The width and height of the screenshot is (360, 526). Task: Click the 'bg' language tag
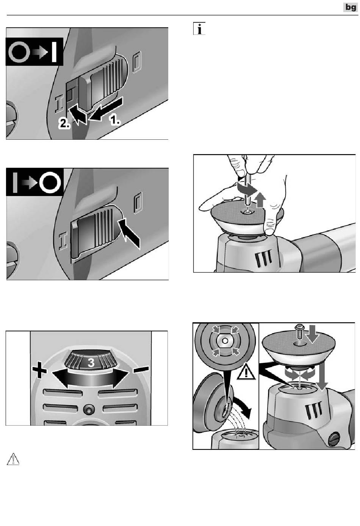351,8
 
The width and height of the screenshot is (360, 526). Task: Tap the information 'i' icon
199,29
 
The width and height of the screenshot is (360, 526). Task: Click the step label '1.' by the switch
115,120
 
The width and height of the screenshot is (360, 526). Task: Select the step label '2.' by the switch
64,123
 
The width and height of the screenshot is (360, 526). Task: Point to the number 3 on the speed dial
91,362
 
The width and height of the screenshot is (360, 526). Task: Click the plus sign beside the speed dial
39,370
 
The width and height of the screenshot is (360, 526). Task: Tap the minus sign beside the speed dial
141,369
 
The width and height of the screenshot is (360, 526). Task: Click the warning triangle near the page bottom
13,459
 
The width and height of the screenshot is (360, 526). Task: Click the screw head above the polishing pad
299,327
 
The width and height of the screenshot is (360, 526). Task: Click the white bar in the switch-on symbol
54,52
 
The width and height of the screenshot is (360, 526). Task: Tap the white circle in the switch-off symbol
50,183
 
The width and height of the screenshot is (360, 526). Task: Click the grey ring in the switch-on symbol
19,52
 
